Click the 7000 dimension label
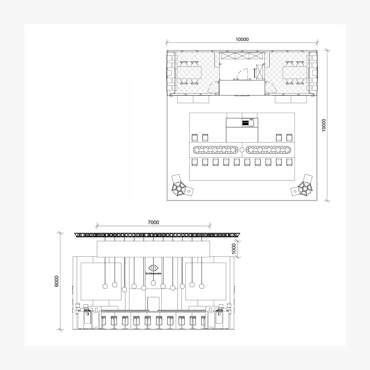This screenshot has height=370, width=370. point(153,222)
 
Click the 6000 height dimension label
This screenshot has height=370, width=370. point(57,281)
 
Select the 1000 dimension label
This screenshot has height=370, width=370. point(234,249)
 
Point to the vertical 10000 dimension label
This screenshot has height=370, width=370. point(324,125)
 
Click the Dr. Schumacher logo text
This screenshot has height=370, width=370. point(153,273)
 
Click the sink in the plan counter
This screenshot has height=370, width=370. point(251,123)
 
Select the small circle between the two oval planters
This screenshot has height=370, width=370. point(242,150)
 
